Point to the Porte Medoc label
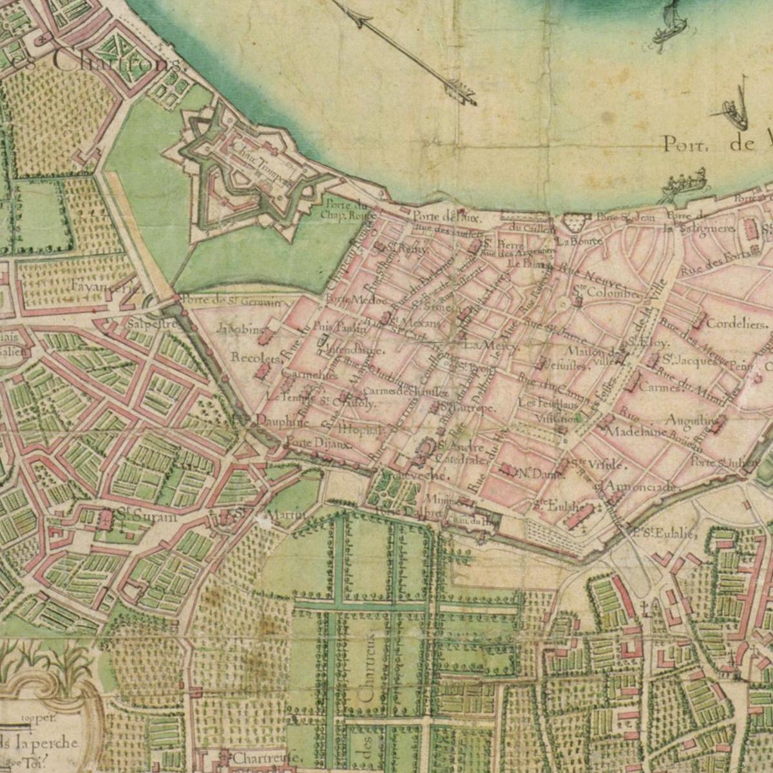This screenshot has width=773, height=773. pyautogui.click(x=347, y=300)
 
